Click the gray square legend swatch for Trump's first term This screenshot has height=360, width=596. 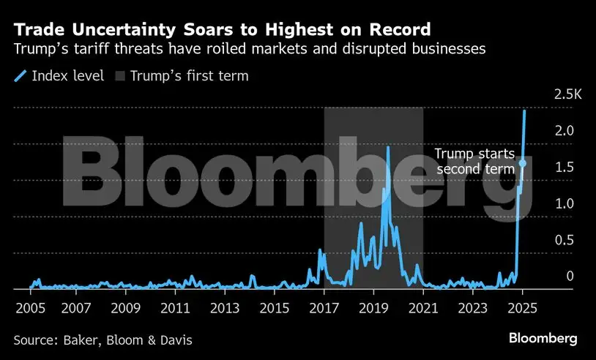coord(120,75)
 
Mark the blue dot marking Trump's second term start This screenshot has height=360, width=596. coord(522,163)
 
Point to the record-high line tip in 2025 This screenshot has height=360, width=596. coord(524,110)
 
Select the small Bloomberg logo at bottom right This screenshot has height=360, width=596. coord(543,338)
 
